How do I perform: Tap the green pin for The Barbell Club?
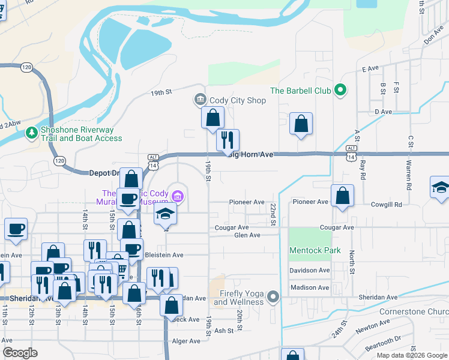(340, 91)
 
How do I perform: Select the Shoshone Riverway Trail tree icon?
(31, 133)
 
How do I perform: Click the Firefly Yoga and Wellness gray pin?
(273, 297)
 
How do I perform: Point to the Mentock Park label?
(315, 250)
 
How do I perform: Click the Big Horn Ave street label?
(251, 155)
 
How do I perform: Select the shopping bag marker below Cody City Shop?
(212, 118)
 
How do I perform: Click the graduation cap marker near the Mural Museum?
(165, 214)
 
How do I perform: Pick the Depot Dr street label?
(104, 173)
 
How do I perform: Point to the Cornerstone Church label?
(414, 312)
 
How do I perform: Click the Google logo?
(20, 353)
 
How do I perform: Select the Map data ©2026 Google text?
(411, 355)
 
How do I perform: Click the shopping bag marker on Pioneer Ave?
(342, 196)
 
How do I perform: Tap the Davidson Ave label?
(310, 271)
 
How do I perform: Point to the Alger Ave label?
(185, 341)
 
